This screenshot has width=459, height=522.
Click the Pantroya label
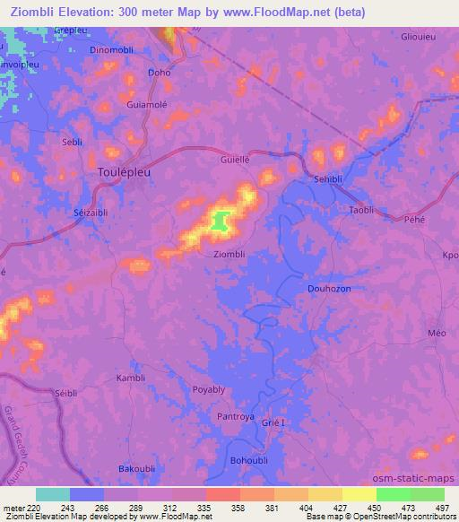237,417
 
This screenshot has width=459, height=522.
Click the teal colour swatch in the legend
52,494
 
